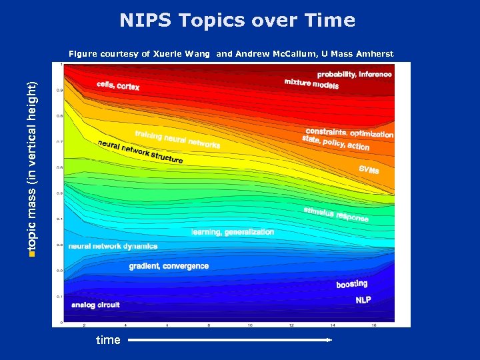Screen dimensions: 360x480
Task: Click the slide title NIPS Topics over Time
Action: pos(237,21)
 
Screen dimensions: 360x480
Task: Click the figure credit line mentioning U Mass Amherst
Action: pos(231,54)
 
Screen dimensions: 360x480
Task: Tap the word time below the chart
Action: pos(108,340)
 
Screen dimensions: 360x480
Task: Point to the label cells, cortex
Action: pos(118,86)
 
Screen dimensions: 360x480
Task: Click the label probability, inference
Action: pos(354,75)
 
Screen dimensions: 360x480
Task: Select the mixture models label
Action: pos(311,84)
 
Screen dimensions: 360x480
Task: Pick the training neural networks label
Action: pos(177,139)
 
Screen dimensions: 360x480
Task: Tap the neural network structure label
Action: pos(140,152)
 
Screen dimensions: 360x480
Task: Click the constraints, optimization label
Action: pos(349,133)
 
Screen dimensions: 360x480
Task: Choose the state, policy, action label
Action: pos(335,143)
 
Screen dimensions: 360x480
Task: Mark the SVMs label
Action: pos(369,170)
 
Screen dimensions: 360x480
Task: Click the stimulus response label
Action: pos(336,214)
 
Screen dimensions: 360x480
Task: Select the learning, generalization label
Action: pos(233,232)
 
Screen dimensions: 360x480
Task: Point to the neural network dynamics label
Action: pos(113,246)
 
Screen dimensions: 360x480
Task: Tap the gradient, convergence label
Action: pos(169,266)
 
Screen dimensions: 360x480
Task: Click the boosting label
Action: pos(351,284)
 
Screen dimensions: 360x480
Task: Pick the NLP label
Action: pos(363,300)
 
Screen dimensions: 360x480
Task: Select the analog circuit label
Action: pos(95,305)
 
